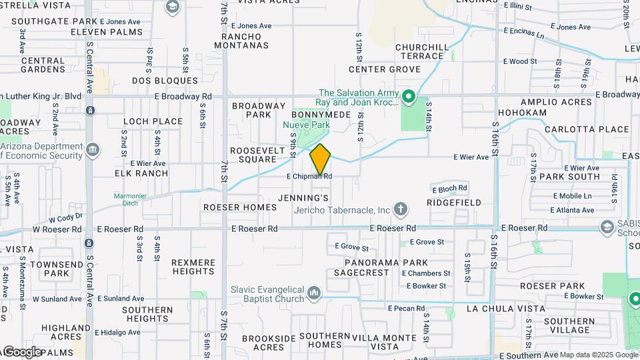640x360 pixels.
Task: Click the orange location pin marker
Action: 321,160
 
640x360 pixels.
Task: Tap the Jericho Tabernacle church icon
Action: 401,210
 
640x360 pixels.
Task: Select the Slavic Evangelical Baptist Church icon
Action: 315,293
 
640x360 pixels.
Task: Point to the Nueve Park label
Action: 306,125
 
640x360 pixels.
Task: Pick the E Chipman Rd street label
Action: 309,177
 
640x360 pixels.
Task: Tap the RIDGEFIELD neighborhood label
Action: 453,201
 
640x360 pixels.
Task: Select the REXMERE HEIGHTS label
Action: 193,267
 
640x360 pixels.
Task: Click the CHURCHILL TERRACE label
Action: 423,51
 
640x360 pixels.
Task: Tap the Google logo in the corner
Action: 21,351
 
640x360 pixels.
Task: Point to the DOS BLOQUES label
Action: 165,81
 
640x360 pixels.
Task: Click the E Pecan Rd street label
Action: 406,308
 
